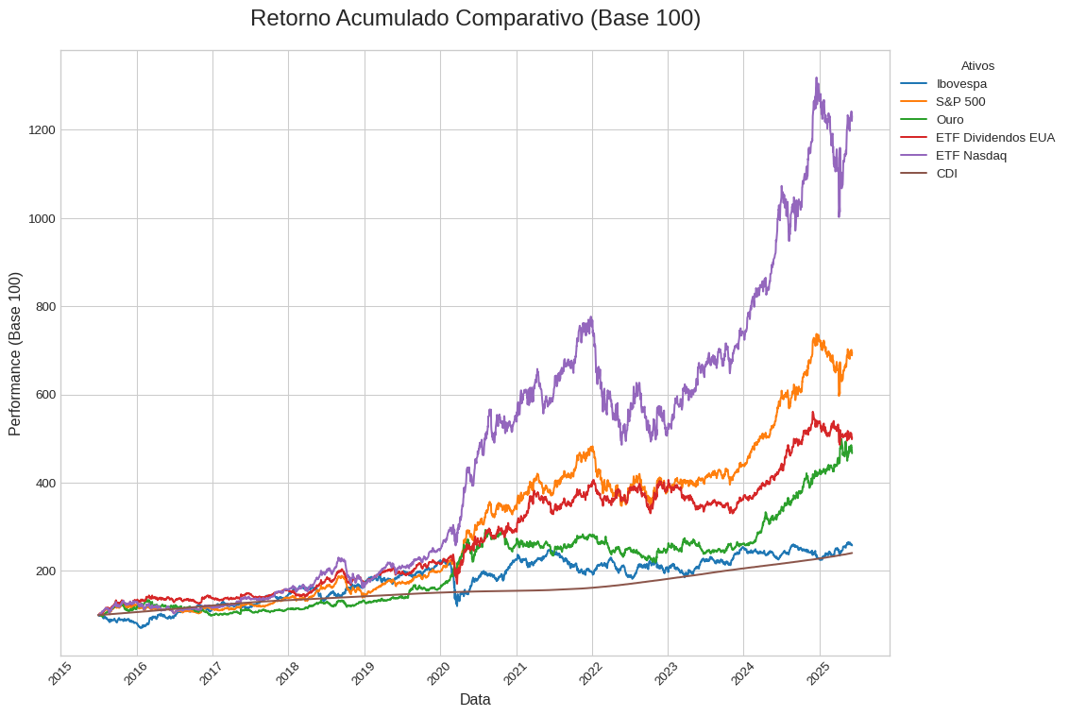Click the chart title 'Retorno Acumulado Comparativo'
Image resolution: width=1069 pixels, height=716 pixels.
[475, 18]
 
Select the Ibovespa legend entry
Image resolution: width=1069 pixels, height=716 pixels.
[961, 83]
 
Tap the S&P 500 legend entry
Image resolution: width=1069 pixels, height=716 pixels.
[960, 101]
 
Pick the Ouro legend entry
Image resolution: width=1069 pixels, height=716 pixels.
[950, 119]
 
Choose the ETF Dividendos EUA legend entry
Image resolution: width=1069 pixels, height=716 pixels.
[995, 137]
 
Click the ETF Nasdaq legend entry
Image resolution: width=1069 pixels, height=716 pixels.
[971, 155]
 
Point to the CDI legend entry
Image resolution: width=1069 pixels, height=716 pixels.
[946, 173]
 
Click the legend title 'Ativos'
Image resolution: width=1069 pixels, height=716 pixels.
[977, 65]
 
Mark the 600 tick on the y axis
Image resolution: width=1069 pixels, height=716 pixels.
[42, 395]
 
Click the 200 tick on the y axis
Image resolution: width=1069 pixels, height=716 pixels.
[42, 571]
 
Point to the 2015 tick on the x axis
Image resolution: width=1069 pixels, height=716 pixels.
[59, 673]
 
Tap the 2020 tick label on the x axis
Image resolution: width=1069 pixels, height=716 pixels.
[438, 673]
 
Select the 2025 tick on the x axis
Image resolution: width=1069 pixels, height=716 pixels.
[818, 673]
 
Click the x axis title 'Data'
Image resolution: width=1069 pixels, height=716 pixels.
[475, 700]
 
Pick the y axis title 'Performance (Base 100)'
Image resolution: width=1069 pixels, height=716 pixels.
[15, 353]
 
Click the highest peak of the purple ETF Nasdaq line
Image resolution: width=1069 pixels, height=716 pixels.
[817, 78]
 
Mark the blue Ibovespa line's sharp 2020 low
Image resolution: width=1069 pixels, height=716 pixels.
[457, 605]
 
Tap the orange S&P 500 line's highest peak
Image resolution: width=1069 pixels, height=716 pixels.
[817, 334]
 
